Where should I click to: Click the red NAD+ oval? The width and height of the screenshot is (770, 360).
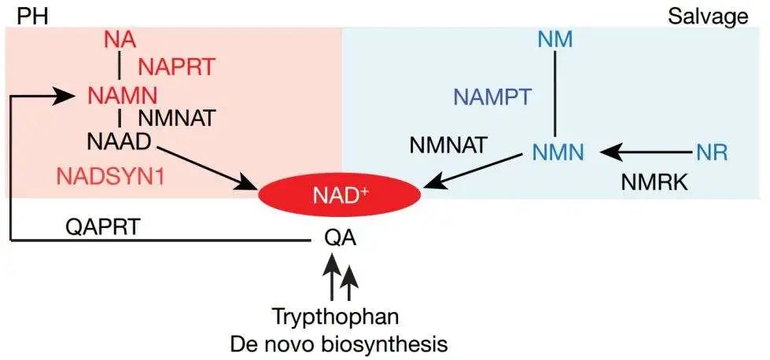pos(341,193)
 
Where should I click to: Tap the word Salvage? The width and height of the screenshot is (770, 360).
pos(708,16)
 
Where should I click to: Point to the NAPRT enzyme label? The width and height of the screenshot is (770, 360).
pos(175,68)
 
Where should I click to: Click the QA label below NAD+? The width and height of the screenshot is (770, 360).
pos(341,237)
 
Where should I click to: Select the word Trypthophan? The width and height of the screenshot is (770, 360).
pos(336,318)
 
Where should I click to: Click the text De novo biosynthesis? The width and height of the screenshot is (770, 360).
pos(339,343)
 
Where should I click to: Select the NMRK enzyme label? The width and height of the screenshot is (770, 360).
pos(654,182)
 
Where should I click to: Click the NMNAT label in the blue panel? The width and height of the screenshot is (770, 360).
pos(449,145)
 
